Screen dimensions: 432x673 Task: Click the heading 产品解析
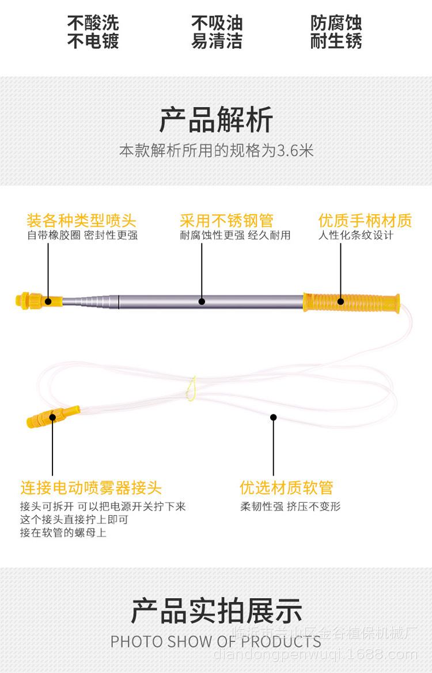[x=216, y=120]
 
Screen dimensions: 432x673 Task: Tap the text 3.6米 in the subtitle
[x=295, y=151]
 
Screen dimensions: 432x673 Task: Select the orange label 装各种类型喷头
[x=81, y=220]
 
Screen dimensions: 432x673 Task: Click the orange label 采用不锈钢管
[x=226, y=220]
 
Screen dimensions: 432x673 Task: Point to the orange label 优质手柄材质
[x=365, y=220]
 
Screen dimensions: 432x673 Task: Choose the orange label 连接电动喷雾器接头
[x=91, y=488]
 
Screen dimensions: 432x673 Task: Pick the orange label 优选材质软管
[x=286, y=488]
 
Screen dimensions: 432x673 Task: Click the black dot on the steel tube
[x=202, y=301]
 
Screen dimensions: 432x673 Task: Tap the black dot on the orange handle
[x=340, y=301]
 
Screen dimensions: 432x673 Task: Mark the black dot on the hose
[x=273, y=417]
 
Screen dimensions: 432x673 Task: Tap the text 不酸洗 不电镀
[x=93, y=32]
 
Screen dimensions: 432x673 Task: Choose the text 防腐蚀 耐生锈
[x=336, y=32]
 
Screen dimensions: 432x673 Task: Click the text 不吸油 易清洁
[x=217, y=32]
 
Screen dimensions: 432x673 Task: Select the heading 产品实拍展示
[x=216, y=611]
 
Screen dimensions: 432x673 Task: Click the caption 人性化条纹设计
[x=356, y=235]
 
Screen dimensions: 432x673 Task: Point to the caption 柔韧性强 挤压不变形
[x=290, y=507]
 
